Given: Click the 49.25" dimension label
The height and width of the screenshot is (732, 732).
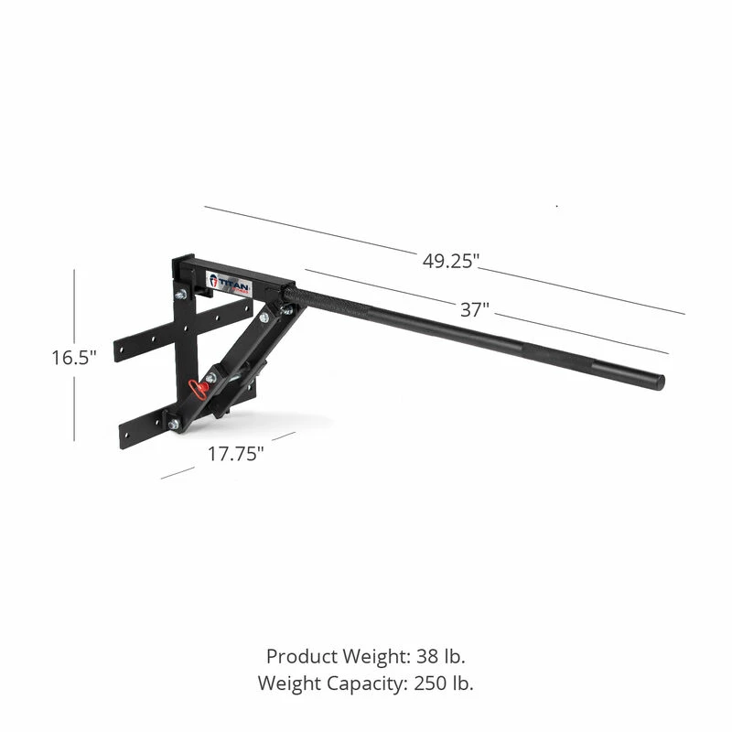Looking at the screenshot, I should click(x=451, y=261).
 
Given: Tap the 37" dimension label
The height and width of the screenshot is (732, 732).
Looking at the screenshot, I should click(x=473, y=309).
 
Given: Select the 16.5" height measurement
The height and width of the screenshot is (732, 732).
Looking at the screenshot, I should click(x=73, y=358).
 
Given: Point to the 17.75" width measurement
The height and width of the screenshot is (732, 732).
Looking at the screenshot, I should click(x=235, y=455).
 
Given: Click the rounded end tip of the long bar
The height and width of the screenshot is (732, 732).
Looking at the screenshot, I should click(x=659, y=382).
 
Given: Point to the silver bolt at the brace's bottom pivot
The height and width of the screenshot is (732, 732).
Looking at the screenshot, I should click(x=174, y=425).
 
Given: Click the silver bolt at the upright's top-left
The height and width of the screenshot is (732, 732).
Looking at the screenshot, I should click(x=181, y=294).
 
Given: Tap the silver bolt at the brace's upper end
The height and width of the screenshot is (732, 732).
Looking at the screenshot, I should click(x=264, y=317).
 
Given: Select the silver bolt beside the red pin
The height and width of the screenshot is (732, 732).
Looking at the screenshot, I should click(x=210, y=377).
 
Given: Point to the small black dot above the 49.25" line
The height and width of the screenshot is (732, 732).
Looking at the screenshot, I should click(x=557, y=207).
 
